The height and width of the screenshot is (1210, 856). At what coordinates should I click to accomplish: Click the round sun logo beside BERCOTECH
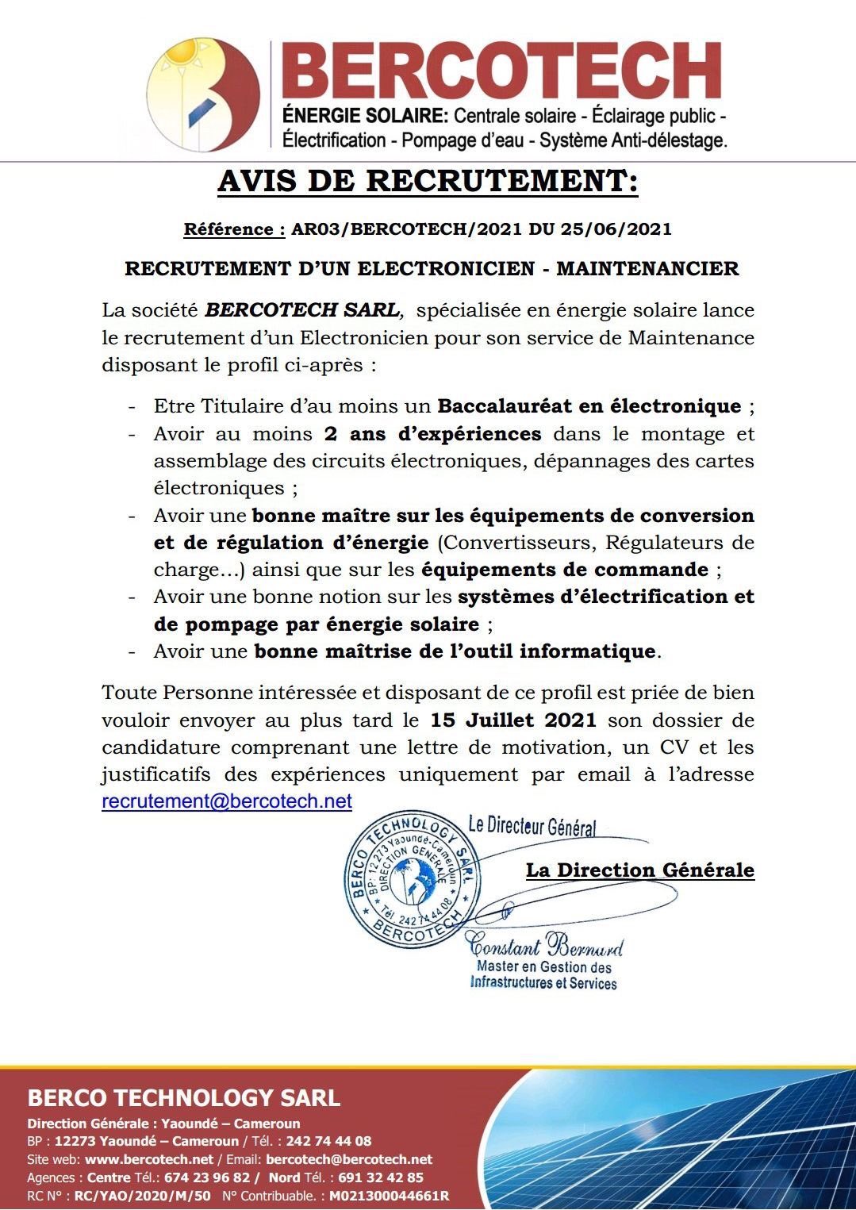[x=204, y=94]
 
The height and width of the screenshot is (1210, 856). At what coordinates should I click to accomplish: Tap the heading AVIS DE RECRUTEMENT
[x=428, y=182]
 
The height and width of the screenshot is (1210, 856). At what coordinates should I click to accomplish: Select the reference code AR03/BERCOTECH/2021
[x=406, y=229]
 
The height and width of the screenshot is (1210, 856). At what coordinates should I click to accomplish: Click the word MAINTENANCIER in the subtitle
[x=647, y=269]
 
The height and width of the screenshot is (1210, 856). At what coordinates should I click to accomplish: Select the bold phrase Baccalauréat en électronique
[x=589, y=406]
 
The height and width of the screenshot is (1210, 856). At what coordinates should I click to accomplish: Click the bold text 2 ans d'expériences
[x=432, y=434]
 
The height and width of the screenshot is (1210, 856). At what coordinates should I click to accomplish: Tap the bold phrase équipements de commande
[x=564, y=570]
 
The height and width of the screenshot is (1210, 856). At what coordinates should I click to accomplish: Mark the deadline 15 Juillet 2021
[x=513, y=720]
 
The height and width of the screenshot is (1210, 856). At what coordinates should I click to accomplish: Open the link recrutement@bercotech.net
[x=227, y=801]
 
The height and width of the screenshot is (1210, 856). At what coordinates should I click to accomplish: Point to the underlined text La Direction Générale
[x=639, y=870]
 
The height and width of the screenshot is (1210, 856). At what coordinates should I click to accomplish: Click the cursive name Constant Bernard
[x=545, y=946]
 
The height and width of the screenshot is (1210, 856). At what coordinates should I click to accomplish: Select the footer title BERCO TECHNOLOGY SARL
[x=184, y=1098]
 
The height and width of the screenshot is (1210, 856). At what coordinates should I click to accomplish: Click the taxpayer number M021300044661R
[x=389, y=1196]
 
